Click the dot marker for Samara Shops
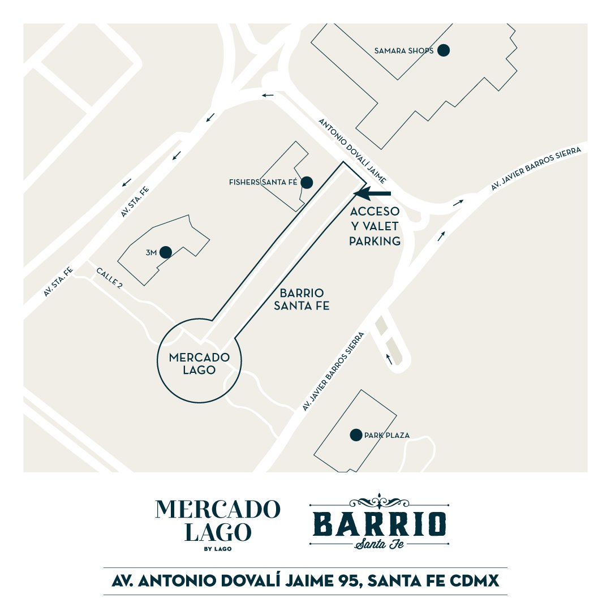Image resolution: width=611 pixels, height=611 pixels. [x=444, y=50]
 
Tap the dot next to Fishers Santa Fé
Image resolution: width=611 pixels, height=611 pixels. [x=307, y=182]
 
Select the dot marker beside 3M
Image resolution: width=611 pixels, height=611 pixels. [x=166, y=252]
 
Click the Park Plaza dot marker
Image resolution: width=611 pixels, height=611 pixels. [x=356, y=435]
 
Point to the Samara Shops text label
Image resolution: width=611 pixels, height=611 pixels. [x=404, y=51]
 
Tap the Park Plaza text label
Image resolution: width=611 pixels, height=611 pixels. [x=388, y=436]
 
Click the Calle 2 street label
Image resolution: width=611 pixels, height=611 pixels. [x=110, y=278]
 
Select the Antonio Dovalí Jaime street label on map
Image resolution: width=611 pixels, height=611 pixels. [x=352, y=151]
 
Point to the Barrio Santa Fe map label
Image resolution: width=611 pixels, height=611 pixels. [x=302, y=299]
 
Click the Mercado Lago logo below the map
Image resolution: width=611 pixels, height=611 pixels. [x=217, y=521]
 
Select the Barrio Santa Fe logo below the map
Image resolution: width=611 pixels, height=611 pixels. [x=380, y=523]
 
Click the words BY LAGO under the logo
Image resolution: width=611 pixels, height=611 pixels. [x=217, y=548]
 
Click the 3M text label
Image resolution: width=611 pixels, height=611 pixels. [x=151, y=253]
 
